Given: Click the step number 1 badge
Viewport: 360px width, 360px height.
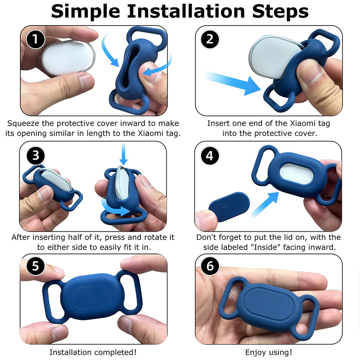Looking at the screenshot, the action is pos(35,39).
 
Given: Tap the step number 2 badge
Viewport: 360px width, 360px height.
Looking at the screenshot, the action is pos(210,39).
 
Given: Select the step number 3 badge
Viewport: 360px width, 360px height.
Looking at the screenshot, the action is pos(36,156).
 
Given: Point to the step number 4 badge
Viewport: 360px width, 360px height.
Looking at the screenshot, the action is pos(210,156).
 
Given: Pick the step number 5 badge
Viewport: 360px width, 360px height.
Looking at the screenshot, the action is pos(36,266).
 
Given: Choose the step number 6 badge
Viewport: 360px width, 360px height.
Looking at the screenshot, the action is pos(210,266).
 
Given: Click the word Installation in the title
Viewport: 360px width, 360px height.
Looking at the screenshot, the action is pos(186,11).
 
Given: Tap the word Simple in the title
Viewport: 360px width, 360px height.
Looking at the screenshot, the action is pos(86,12).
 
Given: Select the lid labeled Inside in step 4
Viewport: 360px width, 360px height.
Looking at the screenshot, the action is pos(229,206).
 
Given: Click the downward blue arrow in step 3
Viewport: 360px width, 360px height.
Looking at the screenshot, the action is pos(124,154).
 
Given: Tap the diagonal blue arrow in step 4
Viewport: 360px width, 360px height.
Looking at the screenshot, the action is pos(264,205).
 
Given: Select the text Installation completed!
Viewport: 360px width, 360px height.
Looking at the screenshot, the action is pos(93,352).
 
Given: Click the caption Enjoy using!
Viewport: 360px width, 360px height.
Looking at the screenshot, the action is pos(269,352).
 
